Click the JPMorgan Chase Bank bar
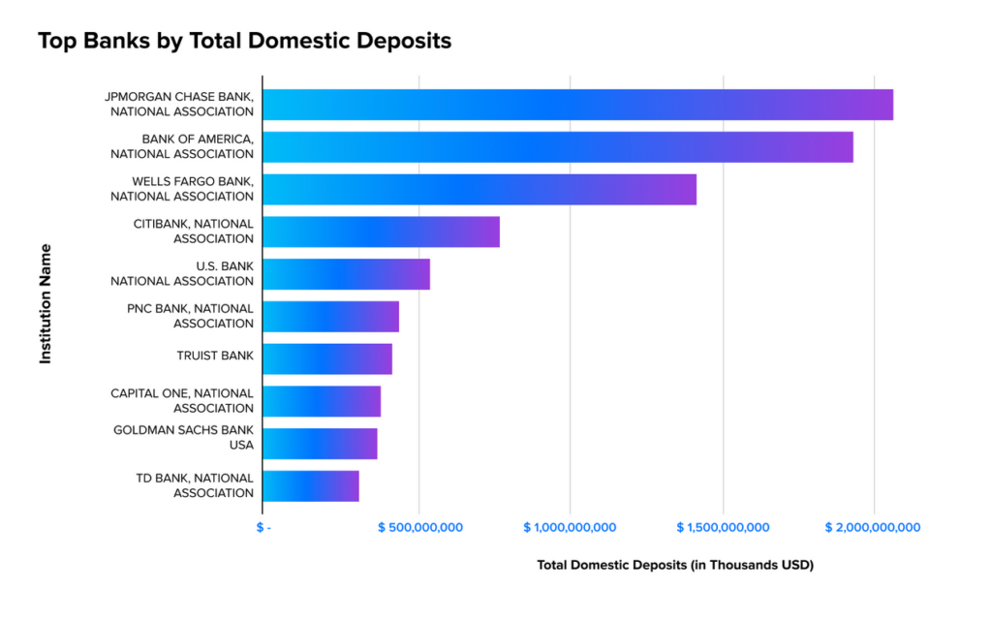point(577,105)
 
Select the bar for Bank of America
point(557,147)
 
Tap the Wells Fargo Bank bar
point(480,190)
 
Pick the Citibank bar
point(381,232)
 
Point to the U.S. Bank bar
point(346,274)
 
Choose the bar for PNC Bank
point(330,317)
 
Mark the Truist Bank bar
point(327,359)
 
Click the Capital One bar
point(322,401)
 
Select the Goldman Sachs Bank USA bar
point(320,444)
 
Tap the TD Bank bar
point(311,486)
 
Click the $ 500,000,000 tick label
point(419,528)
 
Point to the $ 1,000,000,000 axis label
point(570,528)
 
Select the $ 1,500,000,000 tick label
point(723,528)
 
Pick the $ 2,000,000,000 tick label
point(873,528)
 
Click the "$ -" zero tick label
point(263,528)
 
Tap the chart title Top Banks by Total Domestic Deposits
point(244,42)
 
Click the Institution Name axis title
point(46,303)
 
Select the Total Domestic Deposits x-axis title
point(674,565)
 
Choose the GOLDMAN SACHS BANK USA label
point(183,437)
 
